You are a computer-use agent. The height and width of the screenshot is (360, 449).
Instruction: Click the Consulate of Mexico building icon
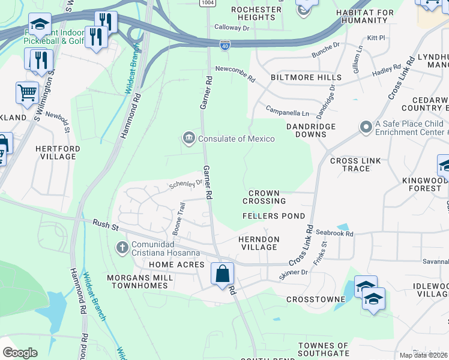(188, 139)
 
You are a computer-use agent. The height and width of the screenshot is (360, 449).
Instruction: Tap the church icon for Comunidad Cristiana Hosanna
(122, 247)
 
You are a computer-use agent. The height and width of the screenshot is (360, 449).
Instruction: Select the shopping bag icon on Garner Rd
(222, 274)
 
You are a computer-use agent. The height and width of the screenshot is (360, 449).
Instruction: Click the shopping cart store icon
(27, 93)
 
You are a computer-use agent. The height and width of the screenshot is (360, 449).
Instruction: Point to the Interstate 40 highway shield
(224, 45)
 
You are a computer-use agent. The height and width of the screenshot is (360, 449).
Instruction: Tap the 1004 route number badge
(208, 3)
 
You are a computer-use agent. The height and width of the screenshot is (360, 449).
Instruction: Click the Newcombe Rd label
(235, 70)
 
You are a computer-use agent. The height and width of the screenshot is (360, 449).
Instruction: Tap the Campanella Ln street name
(288, 112)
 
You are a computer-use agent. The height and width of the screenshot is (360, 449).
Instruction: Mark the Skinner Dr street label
(294, 272)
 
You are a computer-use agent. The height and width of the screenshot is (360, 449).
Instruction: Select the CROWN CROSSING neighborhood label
(265, 196)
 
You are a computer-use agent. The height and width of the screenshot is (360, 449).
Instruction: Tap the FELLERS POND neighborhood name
(274, 215)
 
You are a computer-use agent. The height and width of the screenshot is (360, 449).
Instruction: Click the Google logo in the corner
(20, 352)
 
